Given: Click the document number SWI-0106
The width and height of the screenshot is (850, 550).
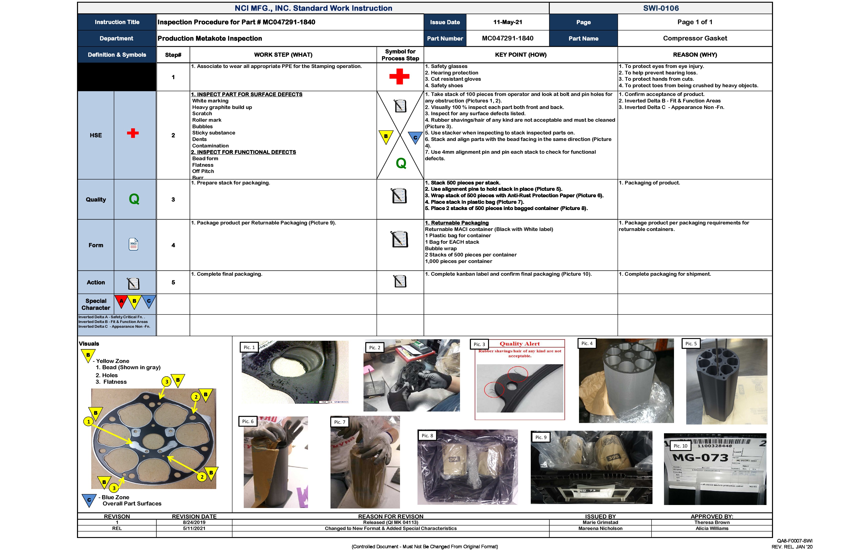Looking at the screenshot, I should point(661,8).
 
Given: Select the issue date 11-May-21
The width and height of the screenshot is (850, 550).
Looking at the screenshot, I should point(507,22).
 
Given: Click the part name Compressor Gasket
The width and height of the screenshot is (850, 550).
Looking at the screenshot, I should point(695,38).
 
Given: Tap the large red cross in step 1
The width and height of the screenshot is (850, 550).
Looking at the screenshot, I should point(399,77).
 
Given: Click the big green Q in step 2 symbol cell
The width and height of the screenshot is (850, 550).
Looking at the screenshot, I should point(401,163).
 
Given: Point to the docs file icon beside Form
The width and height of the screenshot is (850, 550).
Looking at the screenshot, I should point(133,244).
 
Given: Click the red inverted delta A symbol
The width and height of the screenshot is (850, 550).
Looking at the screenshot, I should point(121,301).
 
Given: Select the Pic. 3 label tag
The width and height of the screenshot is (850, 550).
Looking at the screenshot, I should point(479,344).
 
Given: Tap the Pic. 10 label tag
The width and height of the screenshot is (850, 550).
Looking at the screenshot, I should point(680,446).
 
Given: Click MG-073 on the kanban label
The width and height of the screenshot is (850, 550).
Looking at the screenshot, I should point(700,458).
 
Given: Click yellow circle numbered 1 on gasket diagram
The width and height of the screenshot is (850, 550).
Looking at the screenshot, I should point(88,421).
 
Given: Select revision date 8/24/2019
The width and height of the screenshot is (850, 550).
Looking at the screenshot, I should point(194,522).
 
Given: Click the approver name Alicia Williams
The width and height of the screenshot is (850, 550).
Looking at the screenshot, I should point(711,528).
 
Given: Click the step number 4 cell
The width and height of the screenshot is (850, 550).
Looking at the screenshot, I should point(173,245).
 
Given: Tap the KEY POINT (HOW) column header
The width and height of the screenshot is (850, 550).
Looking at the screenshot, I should point(520,55).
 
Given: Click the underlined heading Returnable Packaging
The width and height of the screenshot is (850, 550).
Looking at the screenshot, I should point(456,223).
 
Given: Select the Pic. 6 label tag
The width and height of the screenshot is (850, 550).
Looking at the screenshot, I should point(247,421).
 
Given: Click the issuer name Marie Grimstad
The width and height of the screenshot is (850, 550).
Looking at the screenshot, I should point(600,522).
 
